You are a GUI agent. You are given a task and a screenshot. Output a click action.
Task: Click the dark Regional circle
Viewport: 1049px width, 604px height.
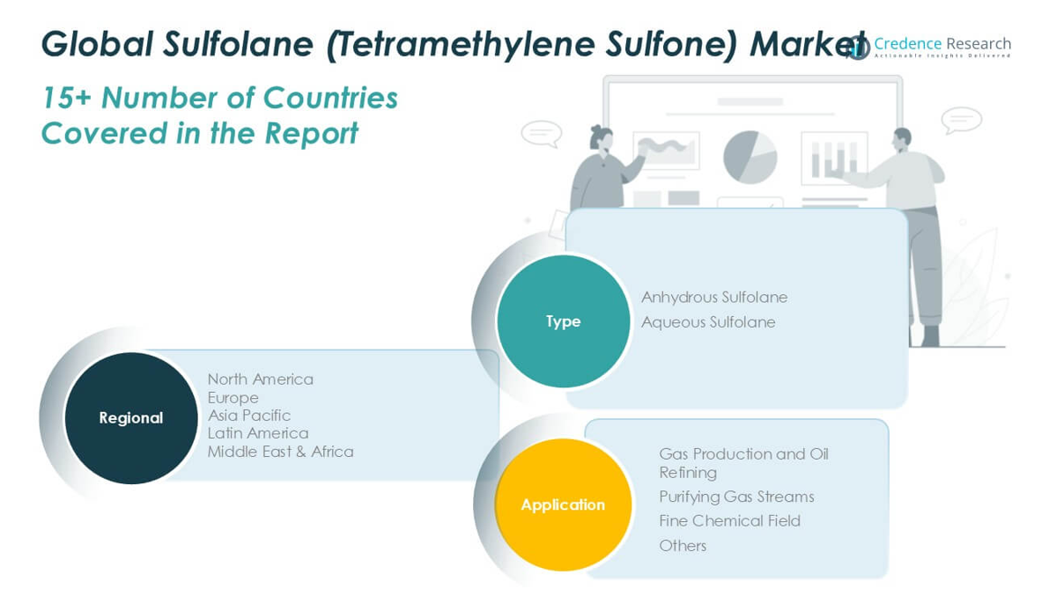(131, 418)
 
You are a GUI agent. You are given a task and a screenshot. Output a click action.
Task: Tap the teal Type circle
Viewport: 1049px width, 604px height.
(564, 321)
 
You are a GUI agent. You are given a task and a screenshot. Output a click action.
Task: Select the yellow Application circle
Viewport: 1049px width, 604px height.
(564, 505)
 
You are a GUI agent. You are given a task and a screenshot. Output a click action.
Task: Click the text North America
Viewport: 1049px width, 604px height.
(260, 379)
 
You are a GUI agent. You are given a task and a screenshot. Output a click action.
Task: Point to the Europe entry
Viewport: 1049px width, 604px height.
(233, 398)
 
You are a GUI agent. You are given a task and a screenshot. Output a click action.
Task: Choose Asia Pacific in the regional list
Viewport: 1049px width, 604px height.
(249, 416)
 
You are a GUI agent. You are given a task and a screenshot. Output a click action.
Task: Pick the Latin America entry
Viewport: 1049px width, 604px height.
(257, 433)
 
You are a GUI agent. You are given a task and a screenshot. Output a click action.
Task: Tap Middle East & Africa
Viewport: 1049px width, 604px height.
(280, 452)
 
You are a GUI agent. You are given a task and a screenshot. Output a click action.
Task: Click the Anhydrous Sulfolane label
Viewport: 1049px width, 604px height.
(714, 297)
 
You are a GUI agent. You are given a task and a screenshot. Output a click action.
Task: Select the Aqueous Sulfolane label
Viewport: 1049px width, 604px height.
(708, 322)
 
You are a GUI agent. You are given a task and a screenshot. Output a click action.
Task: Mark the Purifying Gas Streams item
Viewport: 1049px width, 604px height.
(736, 497)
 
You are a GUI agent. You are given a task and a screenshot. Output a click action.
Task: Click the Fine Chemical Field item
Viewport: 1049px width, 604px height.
(729, 521)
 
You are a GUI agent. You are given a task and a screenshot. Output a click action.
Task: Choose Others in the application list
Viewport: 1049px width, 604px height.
(683, 546)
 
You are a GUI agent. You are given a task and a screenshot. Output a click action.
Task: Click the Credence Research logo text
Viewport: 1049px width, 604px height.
(942, 44)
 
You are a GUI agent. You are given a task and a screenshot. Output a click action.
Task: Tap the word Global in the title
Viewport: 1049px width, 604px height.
(97, 44)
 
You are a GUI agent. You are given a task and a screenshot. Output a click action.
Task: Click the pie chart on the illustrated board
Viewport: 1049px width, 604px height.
(750, 158)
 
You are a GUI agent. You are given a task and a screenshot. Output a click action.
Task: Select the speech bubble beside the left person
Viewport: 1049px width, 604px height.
(541, 134)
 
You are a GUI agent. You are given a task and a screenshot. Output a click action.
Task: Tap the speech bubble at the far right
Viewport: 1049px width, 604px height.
(961, 121)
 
